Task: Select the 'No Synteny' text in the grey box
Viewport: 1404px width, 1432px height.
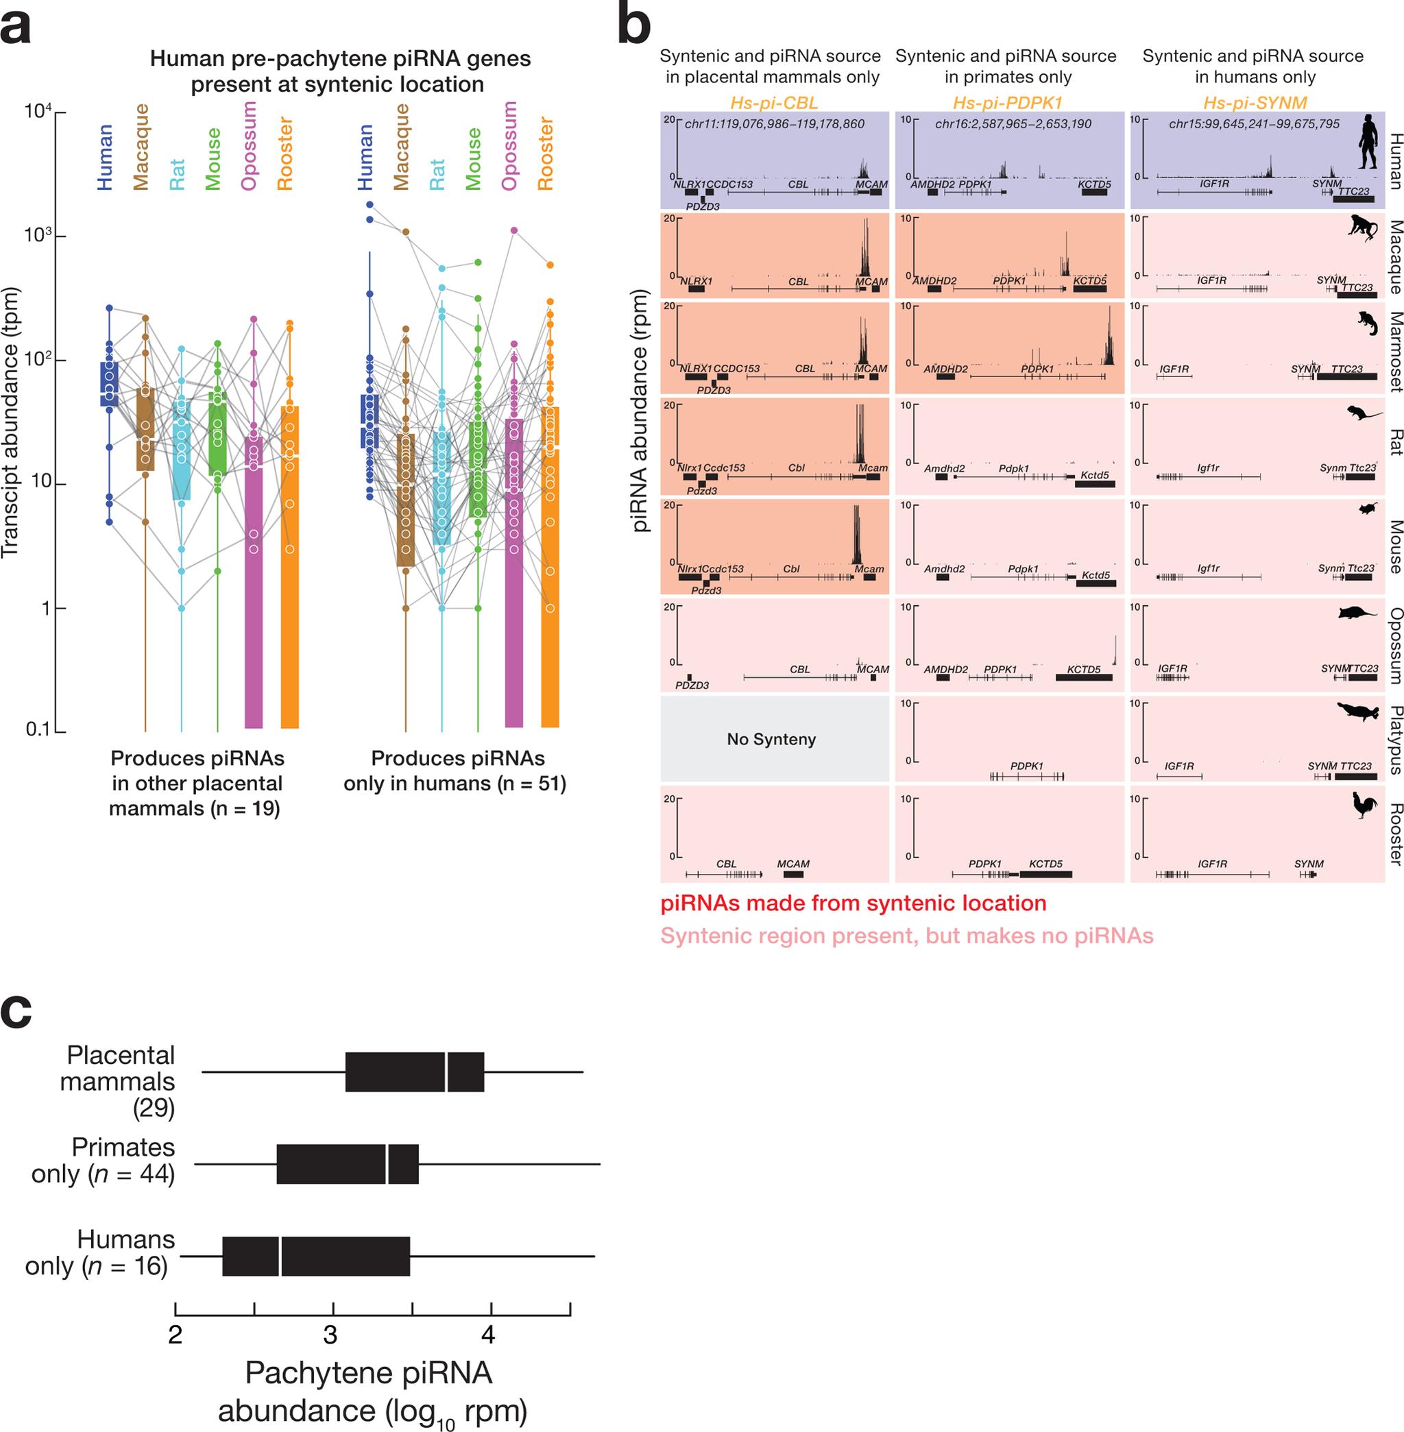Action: pyautogui.click(x=771, y=739)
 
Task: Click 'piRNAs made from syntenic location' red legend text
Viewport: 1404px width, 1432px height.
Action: pyautogui.click(x=854, y=903)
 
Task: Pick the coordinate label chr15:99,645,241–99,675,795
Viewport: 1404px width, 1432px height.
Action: pyautogui.click(x=1255, y=124)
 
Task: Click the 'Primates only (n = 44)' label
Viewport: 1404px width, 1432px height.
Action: pyautogui.click(x=104, y=1160)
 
